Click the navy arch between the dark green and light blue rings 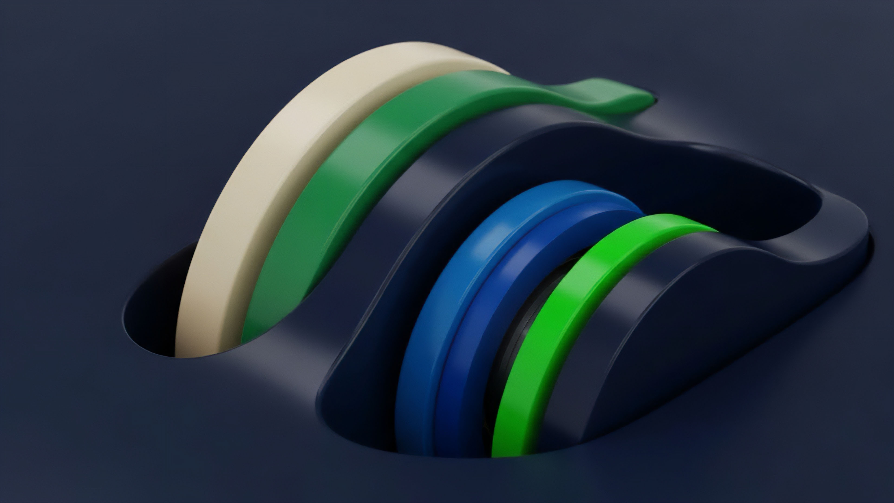coord(392,243)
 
